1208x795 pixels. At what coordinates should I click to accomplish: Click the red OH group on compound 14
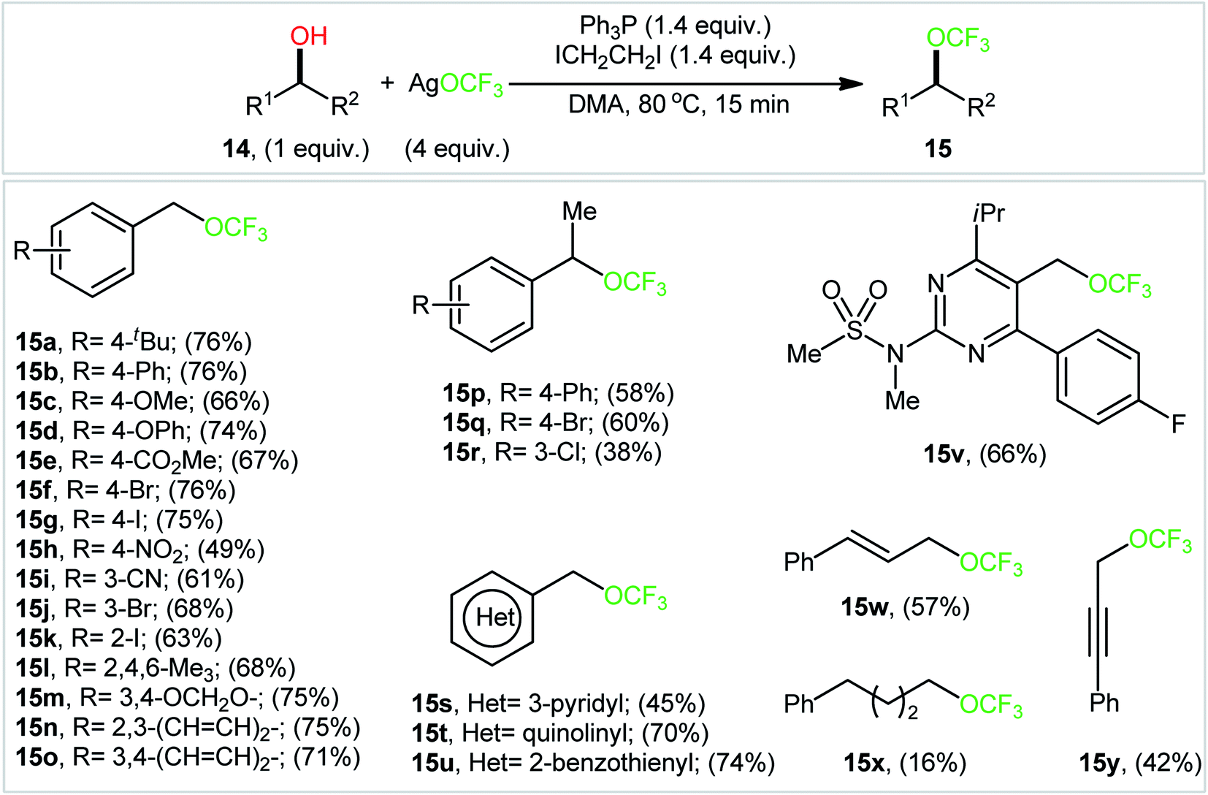[x=308, y=36]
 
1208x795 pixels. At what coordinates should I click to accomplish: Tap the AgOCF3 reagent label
[x=456, y=85]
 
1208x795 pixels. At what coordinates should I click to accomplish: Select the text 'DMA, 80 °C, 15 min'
[x=679, y=104]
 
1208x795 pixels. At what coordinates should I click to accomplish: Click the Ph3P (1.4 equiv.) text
[x=675, y=26]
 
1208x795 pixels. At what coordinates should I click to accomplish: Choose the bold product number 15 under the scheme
[x=939, y=148]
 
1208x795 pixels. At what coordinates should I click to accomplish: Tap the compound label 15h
[x=37, y=549]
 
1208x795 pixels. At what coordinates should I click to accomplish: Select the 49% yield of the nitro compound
[x=232, y=549]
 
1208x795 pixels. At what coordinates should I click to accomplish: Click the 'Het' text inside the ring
[x=496, y=617]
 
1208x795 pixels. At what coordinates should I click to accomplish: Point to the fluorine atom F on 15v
[x=1178, y=425]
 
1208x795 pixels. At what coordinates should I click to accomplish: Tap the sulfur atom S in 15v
[x=855, y=330]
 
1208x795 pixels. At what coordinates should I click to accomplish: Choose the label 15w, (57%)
[x=906, y=607]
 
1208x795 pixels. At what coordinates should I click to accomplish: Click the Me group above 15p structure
[x=580, y=211]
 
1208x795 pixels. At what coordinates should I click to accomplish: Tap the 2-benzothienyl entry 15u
[x=593, y=763]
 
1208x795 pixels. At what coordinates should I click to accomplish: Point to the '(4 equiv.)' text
[x=457, y=148]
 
